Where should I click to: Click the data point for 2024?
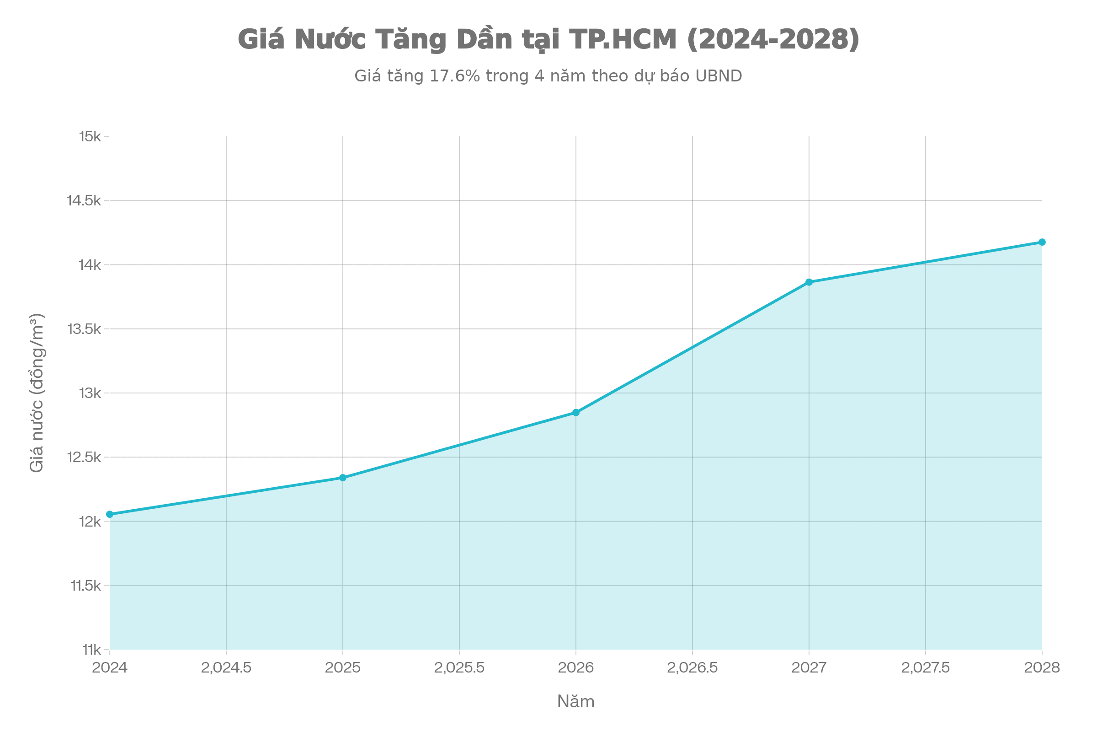click(110, 514)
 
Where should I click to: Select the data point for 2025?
click(343, 477)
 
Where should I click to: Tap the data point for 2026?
click(576, 412)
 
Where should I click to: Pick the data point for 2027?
click(809, 281)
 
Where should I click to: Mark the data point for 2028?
click(1042, 242)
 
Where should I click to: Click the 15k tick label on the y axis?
click(90, 136)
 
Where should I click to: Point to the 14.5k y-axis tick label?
click(84, 201)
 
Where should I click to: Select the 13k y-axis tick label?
click(90, 393)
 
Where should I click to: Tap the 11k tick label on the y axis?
click(91, 649)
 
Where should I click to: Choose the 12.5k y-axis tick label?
click(84, 457)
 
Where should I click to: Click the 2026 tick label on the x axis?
click(576, 667)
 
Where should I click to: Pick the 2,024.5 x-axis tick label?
click(226, 667)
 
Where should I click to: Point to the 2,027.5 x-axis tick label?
click(925, 667)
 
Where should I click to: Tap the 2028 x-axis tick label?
click(1042, 667)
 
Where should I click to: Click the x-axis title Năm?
click(575, 702)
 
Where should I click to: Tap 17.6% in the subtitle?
click(454, 75)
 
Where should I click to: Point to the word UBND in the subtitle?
click(718, 75)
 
